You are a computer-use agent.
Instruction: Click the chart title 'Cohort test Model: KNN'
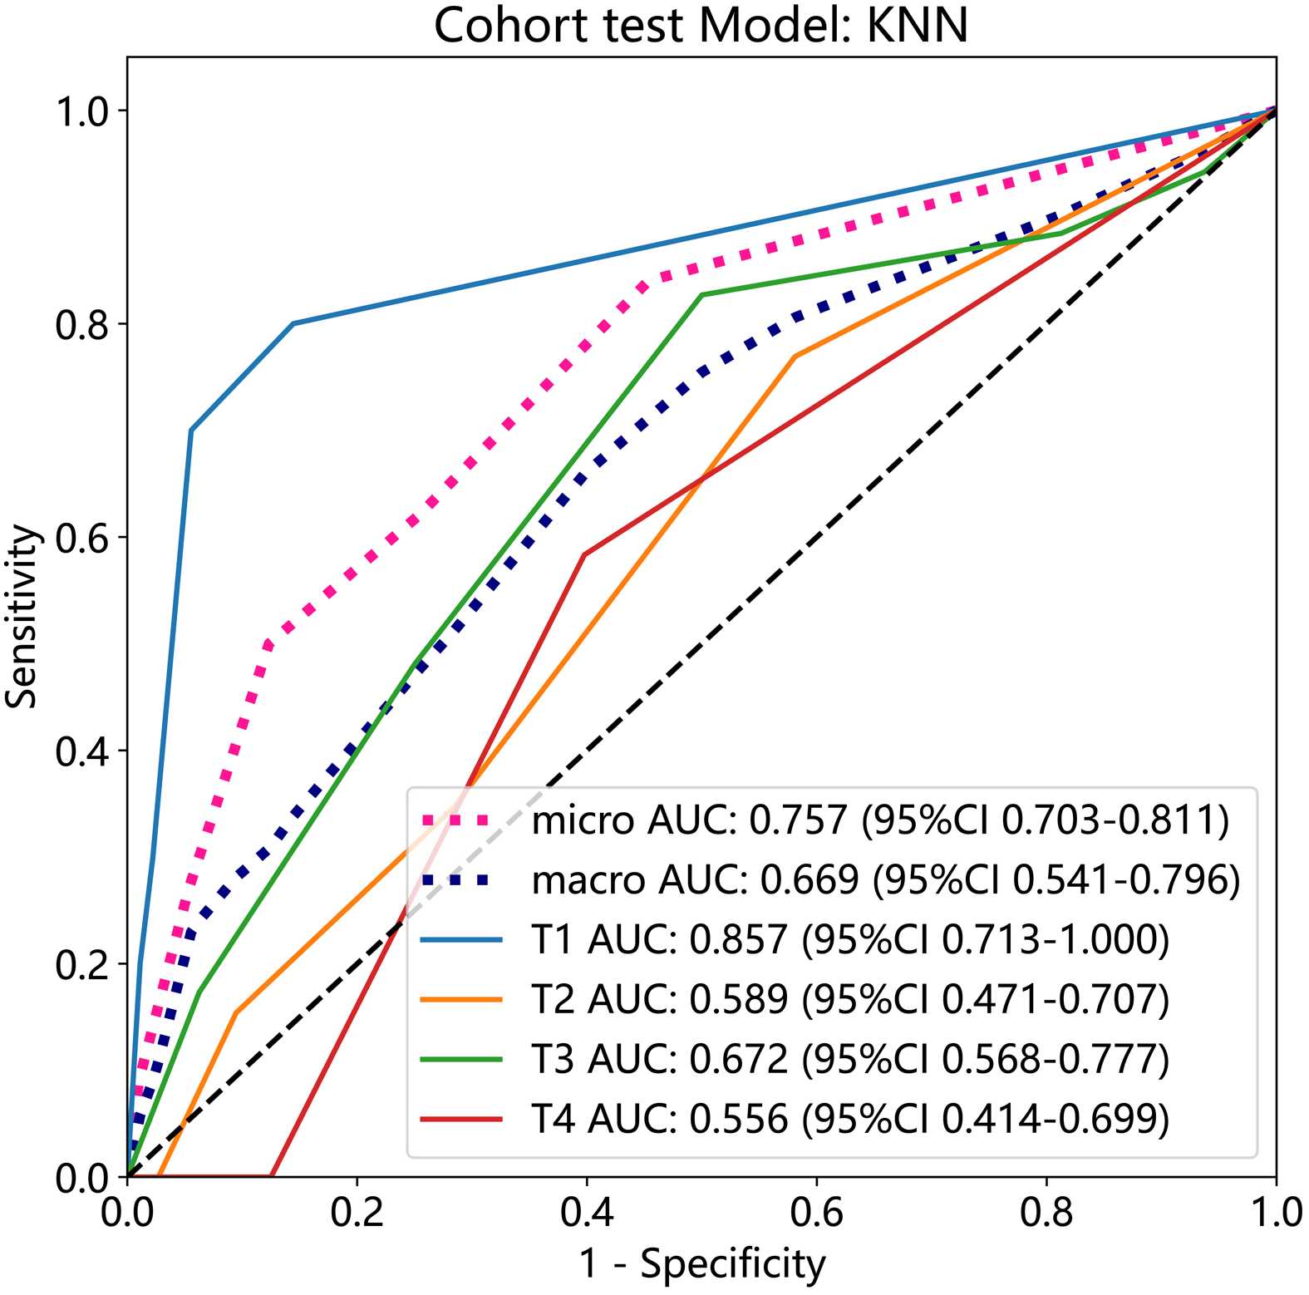click(x=701, y=25)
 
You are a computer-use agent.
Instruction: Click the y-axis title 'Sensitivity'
click(x=22, y=616)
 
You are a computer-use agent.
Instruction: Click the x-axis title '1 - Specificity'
click(x=702, y=1264)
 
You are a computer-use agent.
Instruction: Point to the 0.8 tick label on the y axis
click(x=82, y=324)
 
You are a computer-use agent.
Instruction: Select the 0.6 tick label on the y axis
click(x=82, y=538)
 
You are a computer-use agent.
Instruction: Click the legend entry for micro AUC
click(x=879, y=820)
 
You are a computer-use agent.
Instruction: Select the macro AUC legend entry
click(x=885, y=879)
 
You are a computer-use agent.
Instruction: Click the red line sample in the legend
click(x=461, y=1119)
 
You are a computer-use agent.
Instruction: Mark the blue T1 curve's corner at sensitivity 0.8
click(x=293, y=323)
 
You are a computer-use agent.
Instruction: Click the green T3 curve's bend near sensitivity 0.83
click(x=702, y=295)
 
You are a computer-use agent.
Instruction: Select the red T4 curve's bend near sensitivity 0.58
click(x=584, y=554)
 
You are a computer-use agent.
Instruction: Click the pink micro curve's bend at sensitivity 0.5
click(x=267, y=644)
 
